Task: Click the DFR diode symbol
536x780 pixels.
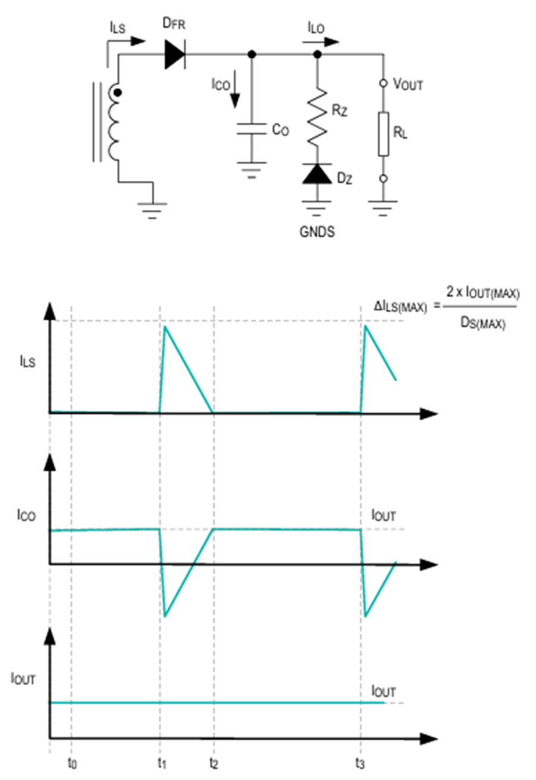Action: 174,54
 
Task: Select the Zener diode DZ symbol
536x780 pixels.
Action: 317,173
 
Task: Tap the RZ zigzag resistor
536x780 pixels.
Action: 317,117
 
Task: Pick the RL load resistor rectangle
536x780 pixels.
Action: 384,133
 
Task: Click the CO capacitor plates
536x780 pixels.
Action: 252,129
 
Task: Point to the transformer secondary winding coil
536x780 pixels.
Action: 114,123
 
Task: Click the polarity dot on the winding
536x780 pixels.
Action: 118,92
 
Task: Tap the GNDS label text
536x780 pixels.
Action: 317,232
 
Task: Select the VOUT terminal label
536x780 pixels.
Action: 408,84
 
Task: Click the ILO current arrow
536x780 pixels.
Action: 320,42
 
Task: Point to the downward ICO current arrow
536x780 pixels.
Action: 235,89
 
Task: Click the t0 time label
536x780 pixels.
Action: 73,763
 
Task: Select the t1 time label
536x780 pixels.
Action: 162,763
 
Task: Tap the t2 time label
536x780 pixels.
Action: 214,763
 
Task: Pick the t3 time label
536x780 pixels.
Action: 360,763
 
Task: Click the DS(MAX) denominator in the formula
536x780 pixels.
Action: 483,324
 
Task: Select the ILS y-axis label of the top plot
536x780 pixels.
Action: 27,362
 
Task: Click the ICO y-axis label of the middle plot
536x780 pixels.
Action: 26,515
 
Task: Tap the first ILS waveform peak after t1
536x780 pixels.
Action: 165,327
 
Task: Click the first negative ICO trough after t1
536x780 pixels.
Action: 164,617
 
